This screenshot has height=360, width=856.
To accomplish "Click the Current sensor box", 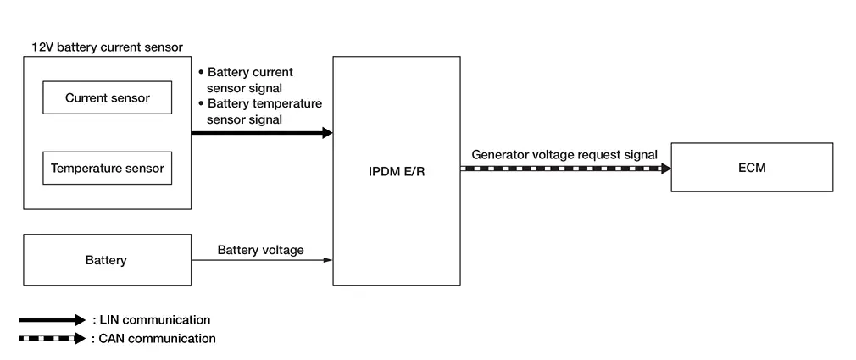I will coord(108,97).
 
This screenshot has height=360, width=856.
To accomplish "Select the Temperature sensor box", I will coord(108,168).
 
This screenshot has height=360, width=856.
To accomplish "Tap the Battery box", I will coord(107,260).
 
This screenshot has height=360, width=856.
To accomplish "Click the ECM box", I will coord(751,168).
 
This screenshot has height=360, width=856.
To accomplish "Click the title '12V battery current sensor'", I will coord(107,47).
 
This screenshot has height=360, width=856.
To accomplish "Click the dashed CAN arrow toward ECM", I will coord(564,169).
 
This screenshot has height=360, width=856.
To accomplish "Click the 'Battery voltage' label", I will coord(261,250).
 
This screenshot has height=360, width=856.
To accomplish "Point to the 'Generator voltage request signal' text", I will coord(564,154).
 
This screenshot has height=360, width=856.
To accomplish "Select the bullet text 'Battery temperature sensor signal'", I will coord(261,111).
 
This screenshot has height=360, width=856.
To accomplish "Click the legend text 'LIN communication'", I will coord(153,319).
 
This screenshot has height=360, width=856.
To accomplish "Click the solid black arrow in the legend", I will coord(53,320).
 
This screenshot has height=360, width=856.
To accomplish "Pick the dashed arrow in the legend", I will coord(53,339).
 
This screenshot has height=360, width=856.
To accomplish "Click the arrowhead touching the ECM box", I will coord(665,169).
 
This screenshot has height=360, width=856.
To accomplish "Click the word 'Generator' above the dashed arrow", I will coord(501,154).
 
